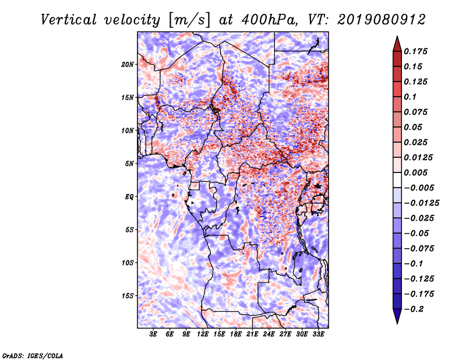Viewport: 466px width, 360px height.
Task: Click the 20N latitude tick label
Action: point(128,65)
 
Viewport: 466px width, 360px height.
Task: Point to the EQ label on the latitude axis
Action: point(129,197)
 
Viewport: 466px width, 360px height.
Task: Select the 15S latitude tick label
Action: point(128,296)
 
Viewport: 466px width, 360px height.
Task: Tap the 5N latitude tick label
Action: point(129,164)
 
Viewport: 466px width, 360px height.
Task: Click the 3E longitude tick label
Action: point(153,334)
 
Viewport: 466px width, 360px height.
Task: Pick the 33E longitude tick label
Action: point(318,334)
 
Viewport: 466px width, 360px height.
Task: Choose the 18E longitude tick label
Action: point(236,334)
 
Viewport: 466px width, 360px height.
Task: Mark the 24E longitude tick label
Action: point(269,334)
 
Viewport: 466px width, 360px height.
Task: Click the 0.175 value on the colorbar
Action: point(416,51)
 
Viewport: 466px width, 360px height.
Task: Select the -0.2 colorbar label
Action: point(414,309)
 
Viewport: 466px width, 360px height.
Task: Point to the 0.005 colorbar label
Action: point(416,172)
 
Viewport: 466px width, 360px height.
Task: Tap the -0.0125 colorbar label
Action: point(422,203)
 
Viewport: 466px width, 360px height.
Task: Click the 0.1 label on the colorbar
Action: point(411,97)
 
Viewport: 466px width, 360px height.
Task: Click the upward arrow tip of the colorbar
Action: point(397,37)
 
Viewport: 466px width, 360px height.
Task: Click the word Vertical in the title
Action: point(69,20)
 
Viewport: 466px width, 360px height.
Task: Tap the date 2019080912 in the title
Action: point(382,20)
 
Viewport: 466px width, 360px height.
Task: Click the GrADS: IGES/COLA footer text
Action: point(33,356)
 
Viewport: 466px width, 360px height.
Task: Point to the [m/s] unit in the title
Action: point(189,20)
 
